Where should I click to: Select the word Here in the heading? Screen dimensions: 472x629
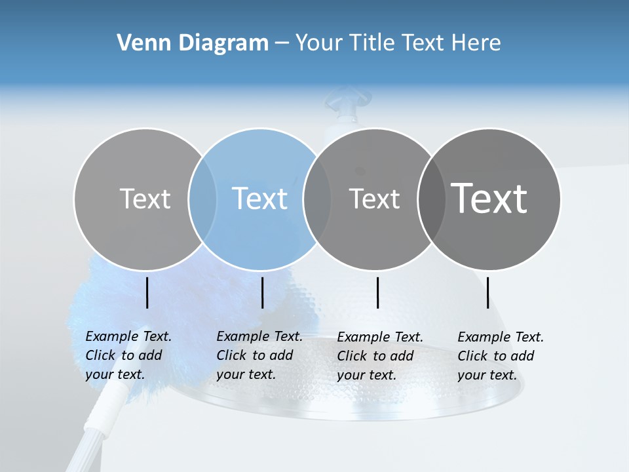pos(476,43)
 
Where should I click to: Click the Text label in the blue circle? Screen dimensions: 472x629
pos(260,199)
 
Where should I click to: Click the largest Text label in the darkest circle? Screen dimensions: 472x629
pos(489,199)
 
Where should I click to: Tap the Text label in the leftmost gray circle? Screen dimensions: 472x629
pos(145,199)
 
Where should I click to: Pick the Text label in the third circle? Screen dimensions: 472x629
pos(375,199)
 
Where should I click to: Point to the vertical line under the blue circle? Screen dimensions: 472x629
pos(263,292)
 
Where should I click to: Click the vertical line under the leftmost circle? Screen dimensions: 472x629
pos(147,292)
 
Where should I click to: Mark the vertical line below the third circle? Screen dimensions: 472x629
pos(378,292)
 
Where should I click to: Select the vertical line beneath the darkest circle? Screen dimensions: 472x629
pos(488,292)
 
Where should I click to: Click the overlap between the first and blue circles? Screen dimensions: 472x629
pos(202,199)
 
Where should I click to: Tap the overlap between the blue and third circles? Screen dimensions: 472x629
pos(317,199)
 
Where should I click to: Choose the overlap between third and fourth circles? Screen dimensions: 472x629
pos(431,199)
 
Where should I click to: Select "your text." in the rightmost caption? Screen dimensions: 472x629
pos(487,375)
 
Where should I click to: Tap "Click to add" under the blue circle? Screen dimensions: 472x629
pos(255,355)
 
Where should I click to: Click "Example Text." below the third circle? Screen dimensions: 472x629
pos(380,337)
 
